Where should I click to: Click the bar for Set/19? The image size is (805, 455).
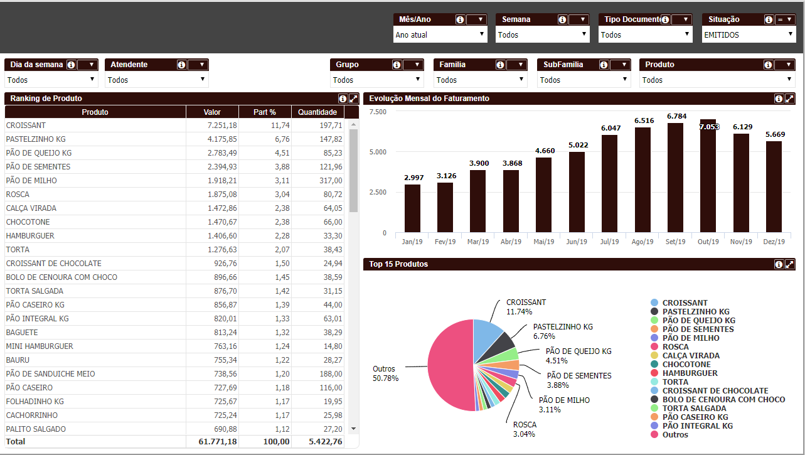(x=675, y=178)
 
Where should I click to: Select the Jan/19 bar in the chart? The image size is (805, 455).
(x=412, y=208)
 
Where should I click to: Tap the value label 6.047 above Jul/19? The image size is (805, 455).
(x=610, y=128)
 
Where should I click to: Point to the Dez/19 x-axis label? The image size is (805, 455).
(x=775, y=242)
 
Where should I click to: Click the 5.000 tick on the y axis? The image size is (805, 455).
(x=378, y=152)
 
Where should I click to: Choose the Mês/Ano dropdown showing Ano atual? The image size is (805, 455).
(x=440, y=35)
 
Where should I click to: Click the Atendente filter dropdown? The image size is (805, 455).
(x=156, y=80)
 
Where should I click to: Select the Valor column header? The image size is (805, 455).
(x=212, y=112)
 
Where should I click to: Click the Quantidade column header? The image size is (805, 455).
(x=317, y=112)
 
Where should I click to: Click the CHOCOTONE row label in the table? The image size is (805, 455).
(x=28, y=222)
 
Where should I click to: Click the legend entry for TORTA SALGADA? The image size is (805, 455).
(x=685, y=409)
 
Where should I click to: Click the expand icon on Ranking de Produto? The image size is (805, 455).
(x=353, y=99)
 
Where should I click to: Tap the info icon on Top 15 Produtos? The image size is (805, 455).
(x=779, y=264)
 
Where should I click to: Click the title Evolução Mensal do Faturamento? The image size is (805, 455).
(x=429, y=99)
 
